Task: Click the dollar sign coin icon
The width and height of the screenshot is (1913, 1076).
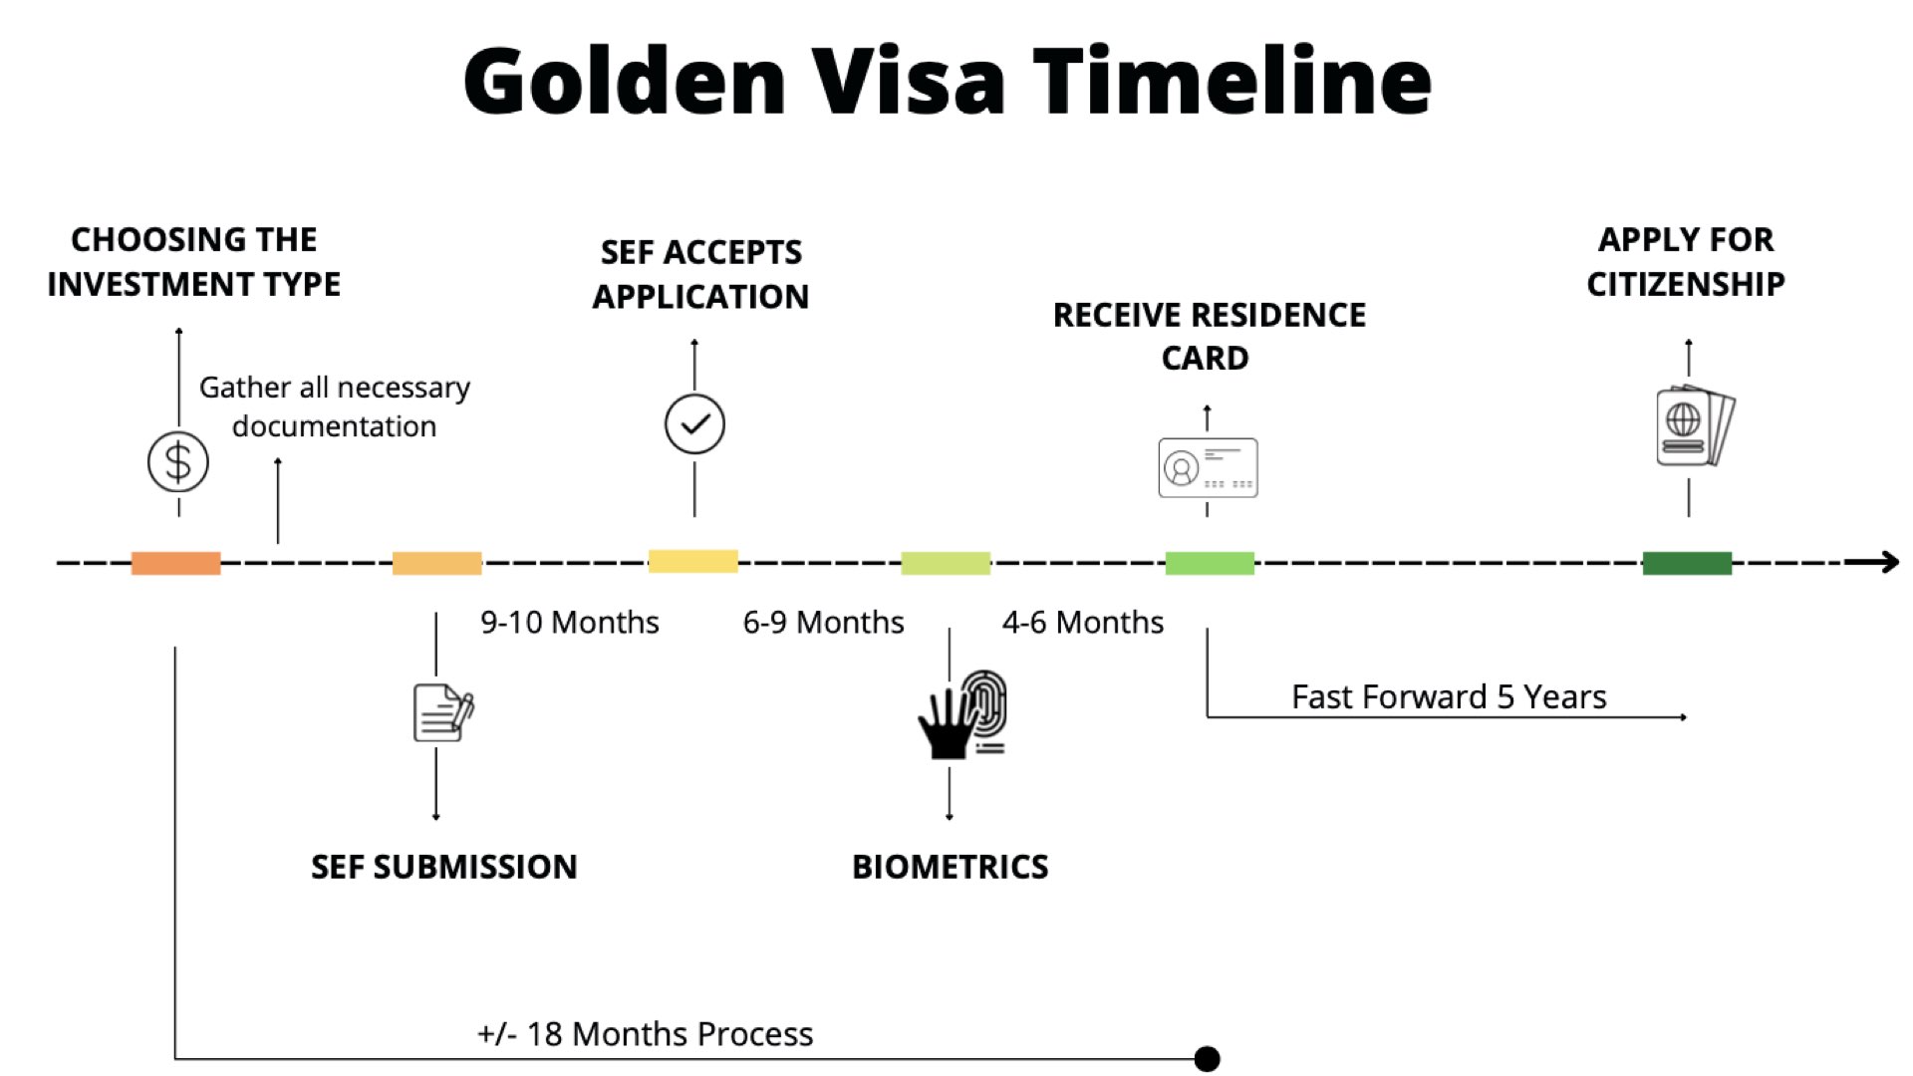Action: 178,461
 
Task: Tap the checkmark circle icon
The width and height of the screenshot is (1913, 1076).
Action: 694,424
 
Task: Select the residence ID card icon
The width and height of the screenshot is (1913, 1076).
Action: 1208,467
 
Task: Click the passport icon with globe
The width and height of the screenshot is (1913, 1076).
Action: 1695,425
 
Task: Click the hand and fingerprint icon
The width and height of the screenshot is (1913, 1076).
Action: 962,714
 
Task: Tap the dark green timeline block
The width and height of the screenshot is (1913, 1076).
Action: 1687,563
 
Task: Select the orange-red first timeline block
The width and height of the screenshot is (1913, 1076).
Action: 176,563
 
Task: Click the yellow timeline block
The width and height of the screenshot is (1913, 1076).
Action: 693,561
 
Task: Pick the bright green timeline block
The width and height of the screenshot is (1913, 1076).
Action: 1210,563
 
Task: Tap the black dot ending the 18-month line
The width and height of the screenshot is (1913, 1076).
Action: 1207,1058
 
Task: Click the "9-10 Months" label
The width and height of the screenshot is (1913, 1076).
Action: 570,622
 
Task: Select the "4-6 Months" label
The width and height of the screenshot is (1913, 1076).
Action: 1083,622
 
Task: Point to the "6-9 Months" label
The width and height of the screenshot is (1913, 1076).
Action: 824,622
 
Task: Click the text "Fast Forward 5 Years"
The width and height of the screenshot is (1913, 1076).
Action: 1449,696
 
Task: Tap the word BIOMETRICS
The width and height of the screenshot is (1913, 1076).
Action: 951,867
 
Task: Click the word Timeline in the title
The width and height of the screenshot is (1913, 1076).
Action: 1232,80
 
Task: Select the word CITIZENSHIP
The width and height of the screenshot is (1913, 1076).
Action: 1686,284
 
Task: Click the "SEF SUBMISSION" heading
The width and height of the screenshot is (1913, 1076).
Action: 444,867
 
